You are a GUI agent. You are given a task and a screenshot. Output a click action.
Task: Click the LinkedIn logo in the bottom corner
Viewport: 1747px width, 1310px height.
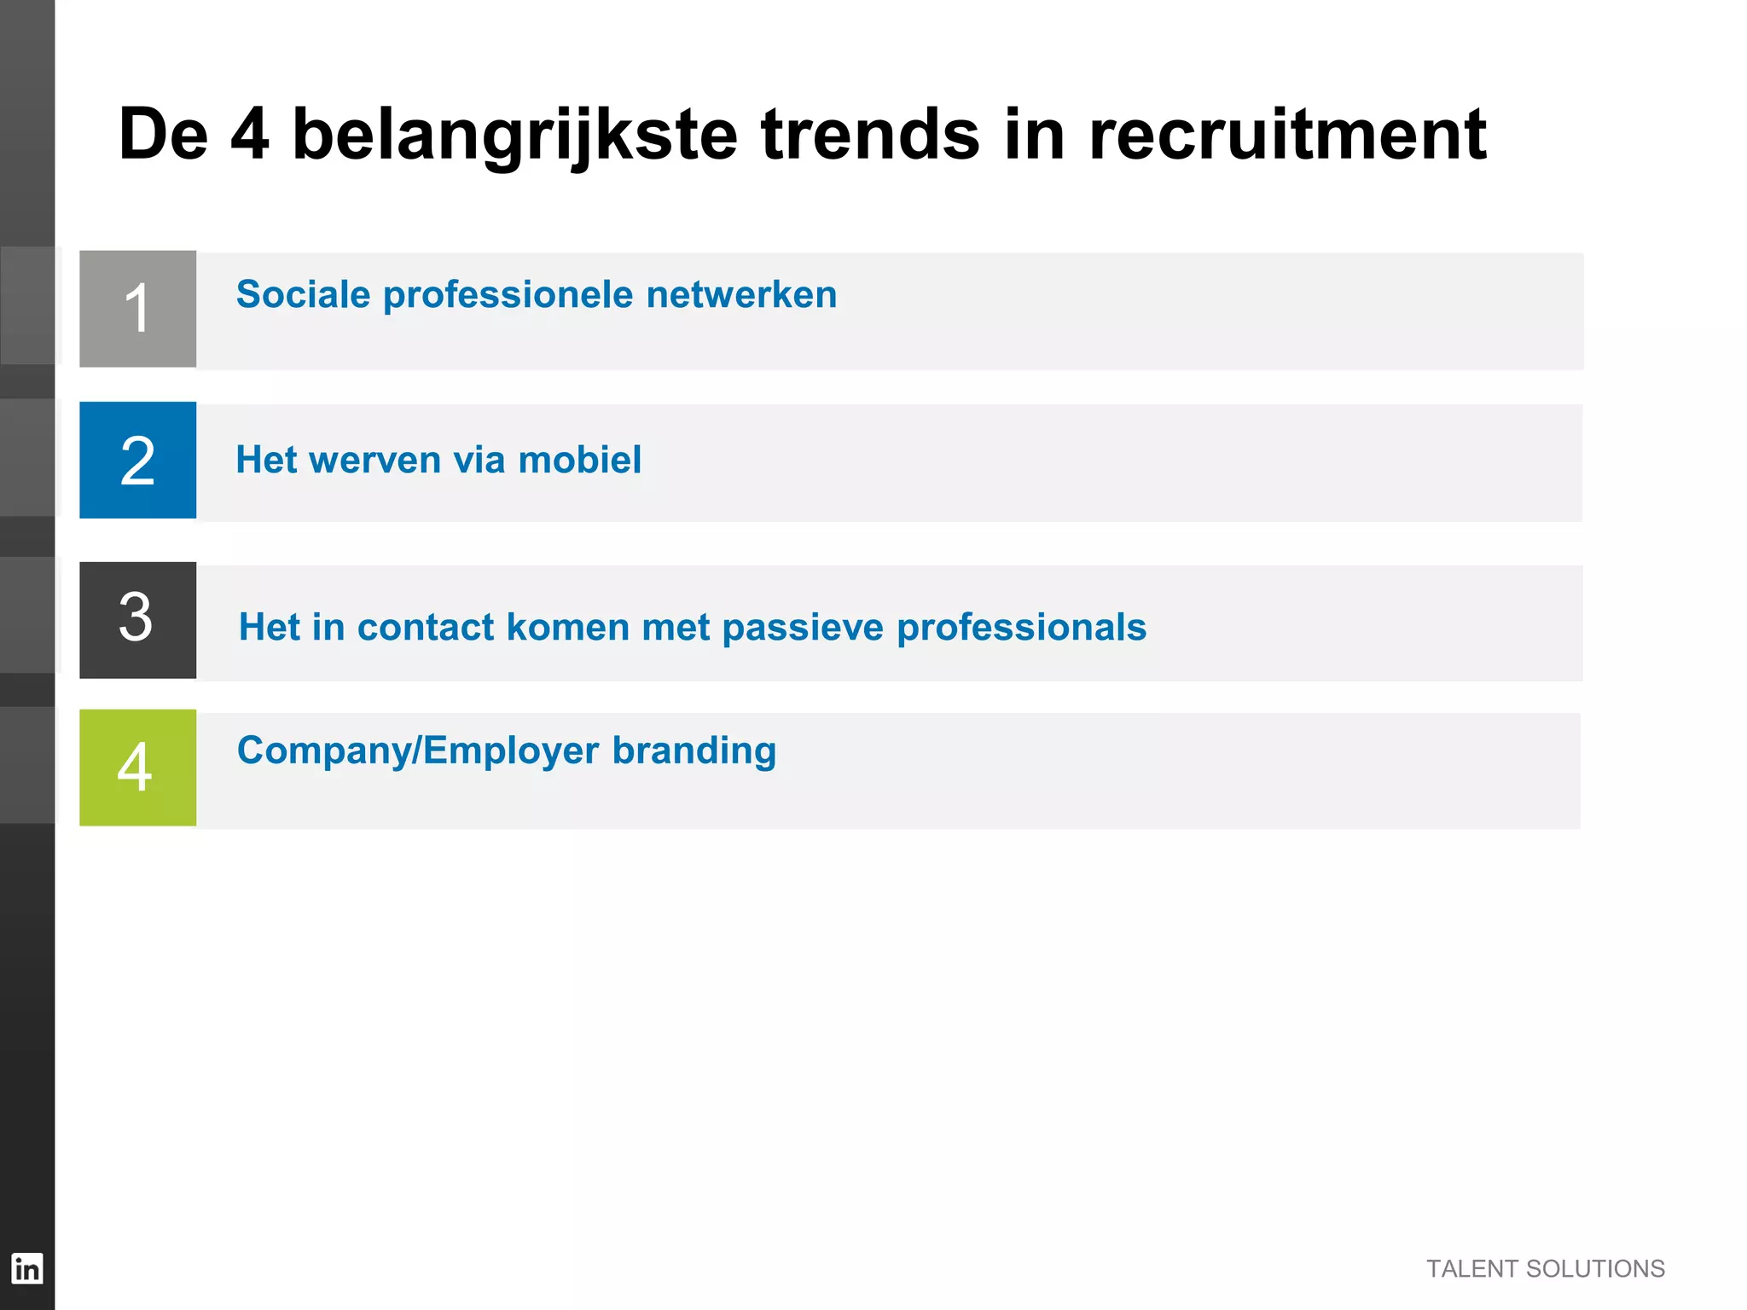pos(26,1268)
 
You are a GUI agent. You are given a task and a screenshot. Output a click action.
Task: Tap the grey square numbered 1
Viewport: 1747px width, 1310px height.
pos(137,309)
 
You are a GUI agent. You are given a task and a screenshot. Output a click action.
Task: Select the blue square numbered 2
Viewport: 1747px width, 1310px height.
pos(137,461)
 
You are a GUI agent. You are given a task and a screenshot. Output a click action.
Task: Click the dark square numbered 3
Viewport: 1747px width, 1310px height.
pos(137,620)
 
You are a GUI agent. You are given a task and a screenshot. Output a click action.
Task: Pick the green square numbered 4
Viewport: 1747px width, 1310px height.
pos(137,768)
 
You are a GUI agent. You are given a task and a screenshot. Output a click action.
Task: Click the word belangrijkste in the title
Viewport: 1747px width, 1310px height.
pos(514,135)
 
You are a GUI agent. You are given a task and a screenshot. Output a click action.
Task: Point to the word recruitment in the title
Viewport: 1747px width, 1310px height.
pos(1287,135)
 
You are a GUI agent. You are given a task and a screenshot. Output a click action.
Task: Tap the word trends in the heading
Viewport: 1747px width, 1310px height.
pos(870,135)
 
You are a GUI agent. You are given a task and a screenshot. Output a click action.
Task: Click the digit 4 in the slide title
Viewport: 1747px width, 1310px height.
pos(250,135)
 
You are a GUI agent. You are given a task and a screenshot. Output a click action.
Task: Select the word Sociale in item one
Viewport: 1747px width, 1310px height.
pos(303,295)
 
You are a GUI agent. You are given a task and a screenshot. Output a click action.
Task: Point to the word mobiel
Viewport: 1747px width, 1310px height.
pos(579,461)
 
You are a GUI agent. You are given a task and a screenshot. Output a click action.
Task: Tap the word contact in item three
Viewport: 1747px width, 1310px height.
pos(426,628)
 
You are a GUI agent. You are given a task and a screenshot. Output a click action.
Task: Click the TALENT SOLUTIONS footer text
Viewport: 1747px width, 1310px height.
pos(1545,1269)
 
